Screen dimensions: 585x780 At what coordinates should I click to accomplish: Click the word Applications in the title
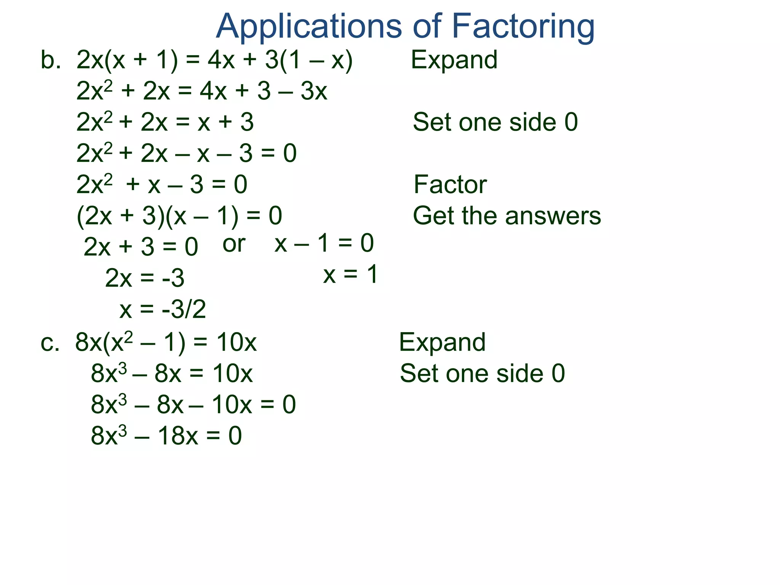coord(308,27)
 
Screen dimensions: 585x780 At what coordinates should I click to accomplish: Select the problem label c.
coord(50,342)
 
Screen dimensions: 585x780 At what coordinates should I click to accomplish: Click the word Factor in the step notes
coord(450,185)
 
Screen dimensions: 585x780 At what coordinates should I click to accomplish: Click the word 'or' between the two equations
coord(233,244)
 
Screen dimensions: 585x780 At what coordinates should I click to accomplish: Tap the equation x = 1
coord(350,274)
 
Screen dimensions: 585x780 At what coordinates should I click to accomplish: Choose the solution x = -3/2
coord(163,309)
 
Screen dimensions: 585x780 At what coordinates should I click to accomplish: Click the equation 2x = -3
coord(145,278)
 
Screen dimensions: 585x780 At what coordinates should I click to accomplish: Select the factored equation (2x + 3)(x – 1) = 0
coord(179,216)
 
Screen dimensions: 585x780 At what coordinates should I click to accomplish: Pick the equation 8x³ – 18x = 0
coord(166,436)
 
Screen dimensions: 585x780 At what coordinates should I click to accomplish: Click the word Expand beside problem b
coord(454,60)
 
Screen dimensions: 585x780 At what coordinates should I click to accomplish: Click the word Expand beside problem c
coord(442,342)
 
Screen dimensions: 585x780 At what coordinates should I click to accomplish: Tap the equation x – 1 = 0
coord(324,243)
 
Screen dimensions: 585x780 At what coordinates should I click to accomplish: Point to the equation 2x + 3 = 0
coord(141,247)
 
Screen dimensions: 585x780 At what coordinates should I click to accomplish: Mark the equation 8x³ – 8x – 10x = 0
coord(193,404)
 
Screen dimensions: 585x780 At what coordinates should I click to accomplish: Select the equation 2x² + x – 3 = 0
coord(162,185)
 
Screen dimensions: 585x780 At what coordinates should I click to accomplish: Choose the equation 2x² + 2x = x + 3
coord(165,122)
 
